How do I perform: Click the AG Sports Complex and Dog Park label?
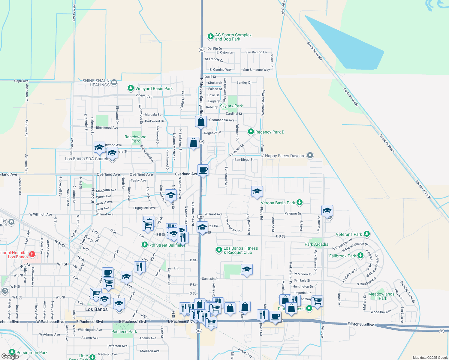coord(233,37)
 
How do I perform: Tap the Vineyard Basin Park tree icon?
coord(131,88)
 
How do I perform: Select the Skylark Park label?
coord(231,106)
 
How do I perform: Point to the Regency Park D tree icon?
coord(251,132)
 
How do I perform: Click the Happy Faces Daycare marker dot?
coord(310,155)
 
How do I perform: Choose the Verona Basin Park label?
coord(278,203)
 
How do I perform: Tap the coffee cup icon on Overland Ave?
coord(203,170)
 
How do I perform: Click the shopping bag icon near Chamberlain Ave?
coord(201,121)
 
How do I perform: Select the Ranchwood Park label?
coord(136,139)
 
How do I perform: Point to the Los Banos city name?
coord(96,309)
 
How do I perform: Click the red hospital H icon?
coord(32,254)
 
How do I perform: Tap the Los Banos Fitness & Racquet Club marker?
coord(219,250)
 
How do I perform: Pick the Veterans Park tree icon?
coord(366,234)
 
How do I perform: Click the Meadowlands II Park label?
coord(381,296)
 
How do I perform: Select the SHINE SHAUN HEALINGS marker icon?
coord(114,82)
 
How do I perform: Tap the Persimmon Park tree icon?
coord(12,352)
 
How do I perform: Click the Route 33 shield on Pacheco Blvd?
coord(441,331)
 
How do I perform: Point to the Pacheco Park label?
coord(124,331)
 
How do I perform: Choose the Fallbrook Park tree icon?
coord(360,256)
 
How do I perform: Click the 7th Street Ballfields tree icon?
coord(145,245)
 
